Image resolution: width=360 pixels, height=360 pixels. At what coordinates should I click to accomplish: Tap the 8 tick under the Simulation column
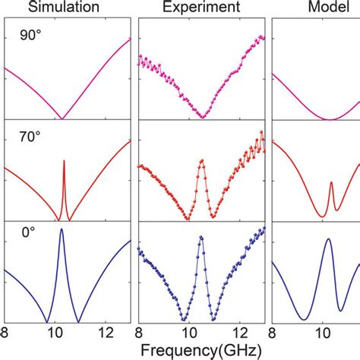[x=6, y=333]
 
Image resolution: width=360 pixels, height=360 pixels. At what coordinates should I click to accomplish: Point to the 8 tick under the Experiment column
[x=139, y=333]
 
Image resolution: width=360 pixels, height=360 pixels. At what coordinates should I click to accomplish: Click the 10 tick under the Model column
[x=322, y=333]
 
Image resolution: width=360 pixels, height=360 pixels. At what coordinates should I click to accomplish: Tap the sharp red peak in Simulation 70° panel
[x=63, y=161]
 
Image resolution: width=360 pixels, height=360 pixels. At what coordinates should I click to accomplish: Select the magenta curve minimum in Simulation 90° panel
[x=62, y=118]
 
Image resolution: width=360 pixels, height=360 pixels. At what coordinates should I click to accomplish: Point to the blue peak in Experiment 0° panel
[x=201, y=237]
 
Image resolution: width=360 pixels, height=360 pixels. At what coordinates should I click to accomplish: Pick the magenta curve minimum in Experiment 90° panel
[x=202, y=116]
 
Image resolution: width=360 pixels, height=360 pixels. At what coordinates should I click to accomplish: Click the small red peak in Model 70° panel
[x=331, y=183]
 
